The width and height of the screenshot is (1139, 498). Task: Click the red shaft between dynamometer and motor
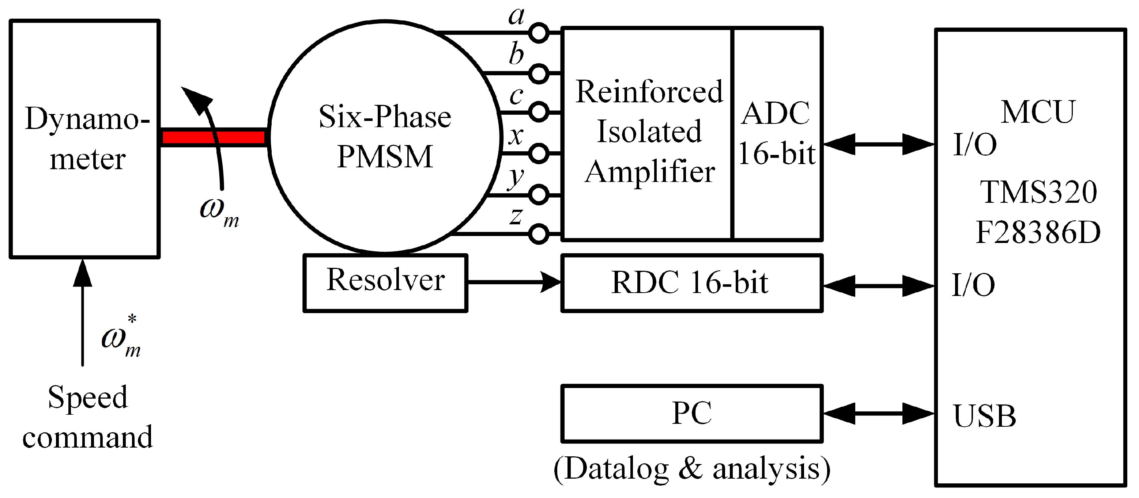pyautogui.click(x=214, y=137)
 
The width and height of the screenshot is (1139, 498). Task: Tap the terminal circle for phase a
pyautogui.click(x=539, y=33)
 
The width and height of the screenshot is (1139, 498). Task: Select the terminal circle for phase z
pyautogui.click(x=539, y=234)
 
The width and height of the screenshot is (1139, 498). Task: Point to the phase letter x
pyautogui.click(x=516, y=136)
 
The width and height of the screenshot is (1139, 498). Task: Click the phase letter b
pyautogui.click(x=516, y=54)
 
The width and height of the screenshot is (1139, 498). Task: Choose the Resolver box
pyautogui.click(x=385, y=283)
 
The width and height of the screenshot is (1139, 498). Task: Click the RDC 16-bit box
pyautogui.click(x=691, y=283)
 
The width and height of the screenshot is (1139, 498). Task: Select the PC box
pyautogui.click(x=691, y=414)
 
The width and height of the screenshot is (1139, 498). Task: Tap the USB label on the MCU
pyautogui.click(x=985, y=416)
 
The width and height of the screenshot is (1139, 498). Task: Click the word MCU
pyautogui.click(x=1038, y=112)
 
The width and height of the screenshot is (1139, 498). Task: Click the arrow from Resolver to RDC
pyautogui.click(x=514, y=281)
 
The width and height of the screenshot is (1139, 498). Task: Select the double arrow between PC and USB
pyautogui.click(x=879, y=414)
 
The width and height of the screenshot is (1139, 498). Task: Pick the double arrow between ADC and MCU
pyautogui.click(x=879, y=144)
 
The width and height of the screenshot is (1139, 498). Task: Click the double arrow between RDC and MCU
pyautogui.click(x=879, y=286)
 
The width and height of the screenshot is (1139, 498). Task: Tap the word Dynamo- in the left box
pyautogui.click(x=87, y=118)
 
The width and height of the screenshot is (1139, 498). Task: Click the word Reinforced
pyautogui.click(x=649, y=92)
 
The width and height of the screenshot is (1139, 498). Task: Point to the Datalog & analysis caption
pyautogui.click(x=692, y=469)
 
